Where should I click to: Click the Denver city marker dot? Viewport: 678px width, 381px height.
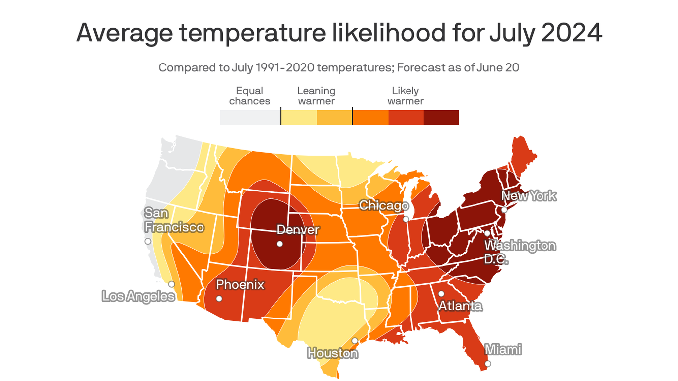(x=280, y=244)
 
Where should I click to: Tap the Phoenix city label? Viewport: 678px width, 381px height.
(x=240, y=285)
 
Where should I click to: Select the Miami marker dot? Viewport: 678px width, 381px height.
(x=488, y=364)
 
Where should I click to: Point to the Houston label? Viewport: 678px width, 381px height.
(x=333, y=353)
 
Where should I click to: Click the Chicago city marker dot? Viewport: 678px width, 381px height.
(x=406, y=219)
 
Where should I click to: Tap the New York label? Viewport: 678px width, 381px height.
(x=529, y=196)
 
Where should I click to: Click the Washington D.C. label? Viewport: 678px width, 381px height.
(x=520, y=252)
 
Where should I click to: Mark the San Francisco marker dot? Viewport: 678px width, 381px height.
(x=148, y=241)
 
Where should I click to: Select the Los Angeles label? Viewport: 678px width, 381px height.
(x=138, y=296)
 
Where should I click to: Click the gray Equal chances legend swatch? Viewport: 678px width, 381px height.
(x=250, y=118)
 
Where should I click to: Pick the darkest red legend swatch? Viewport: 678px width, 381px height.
(x=441, y=118)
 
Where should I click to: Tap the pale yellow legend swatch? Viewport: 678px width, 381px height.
(x=299, y=118)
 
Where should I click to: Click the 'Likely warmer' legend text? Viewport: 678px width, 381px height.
(x=406, y=96)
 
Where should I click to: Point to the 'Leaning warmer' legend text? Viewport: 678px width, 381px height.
(x=316, y=96)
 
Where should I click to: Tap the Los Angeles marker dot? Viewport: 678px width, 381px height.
(x=171, y=284)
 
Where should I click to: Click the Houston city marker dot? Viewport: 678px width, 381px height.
(x=355, y=341)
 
